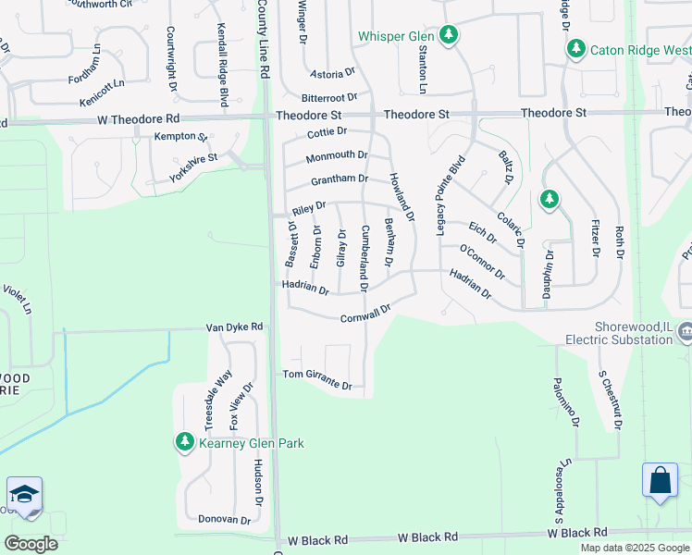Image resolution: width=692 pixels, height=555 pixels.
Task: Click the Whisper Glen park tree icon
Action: pos(449,35)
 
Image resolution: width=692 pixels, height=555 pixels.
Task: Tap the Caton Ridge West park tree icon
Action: pos(576,48)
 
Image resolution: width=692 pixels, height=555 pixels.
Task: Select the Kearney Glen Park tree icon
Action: pos(185,442)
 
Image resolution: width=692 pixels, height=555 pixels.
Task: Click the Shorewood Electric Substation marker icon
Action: pos(686,330)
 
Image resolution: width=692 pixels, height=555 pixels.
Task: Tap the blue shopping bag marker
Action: pos(660,481)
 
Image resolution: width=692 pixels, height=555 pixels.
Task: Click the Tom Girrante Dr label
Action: pos(316,378)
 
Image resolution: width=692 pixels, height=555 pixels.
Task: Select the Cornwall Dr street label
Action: pos(366,314)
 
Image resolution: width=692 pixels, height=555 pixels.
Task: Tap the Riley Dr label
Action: pos(309,206)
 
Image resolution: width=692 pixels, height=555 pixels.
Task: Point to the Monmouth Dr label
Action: pos(337,156)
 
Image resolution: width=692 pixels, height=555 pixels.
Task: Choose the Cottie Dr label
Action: pos(327,133)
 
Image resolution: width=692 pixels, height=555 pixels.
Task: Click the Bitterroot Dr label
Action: pos(328,97)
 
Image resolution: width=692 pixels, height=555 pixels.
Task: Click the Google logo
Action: pos(31,544)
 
